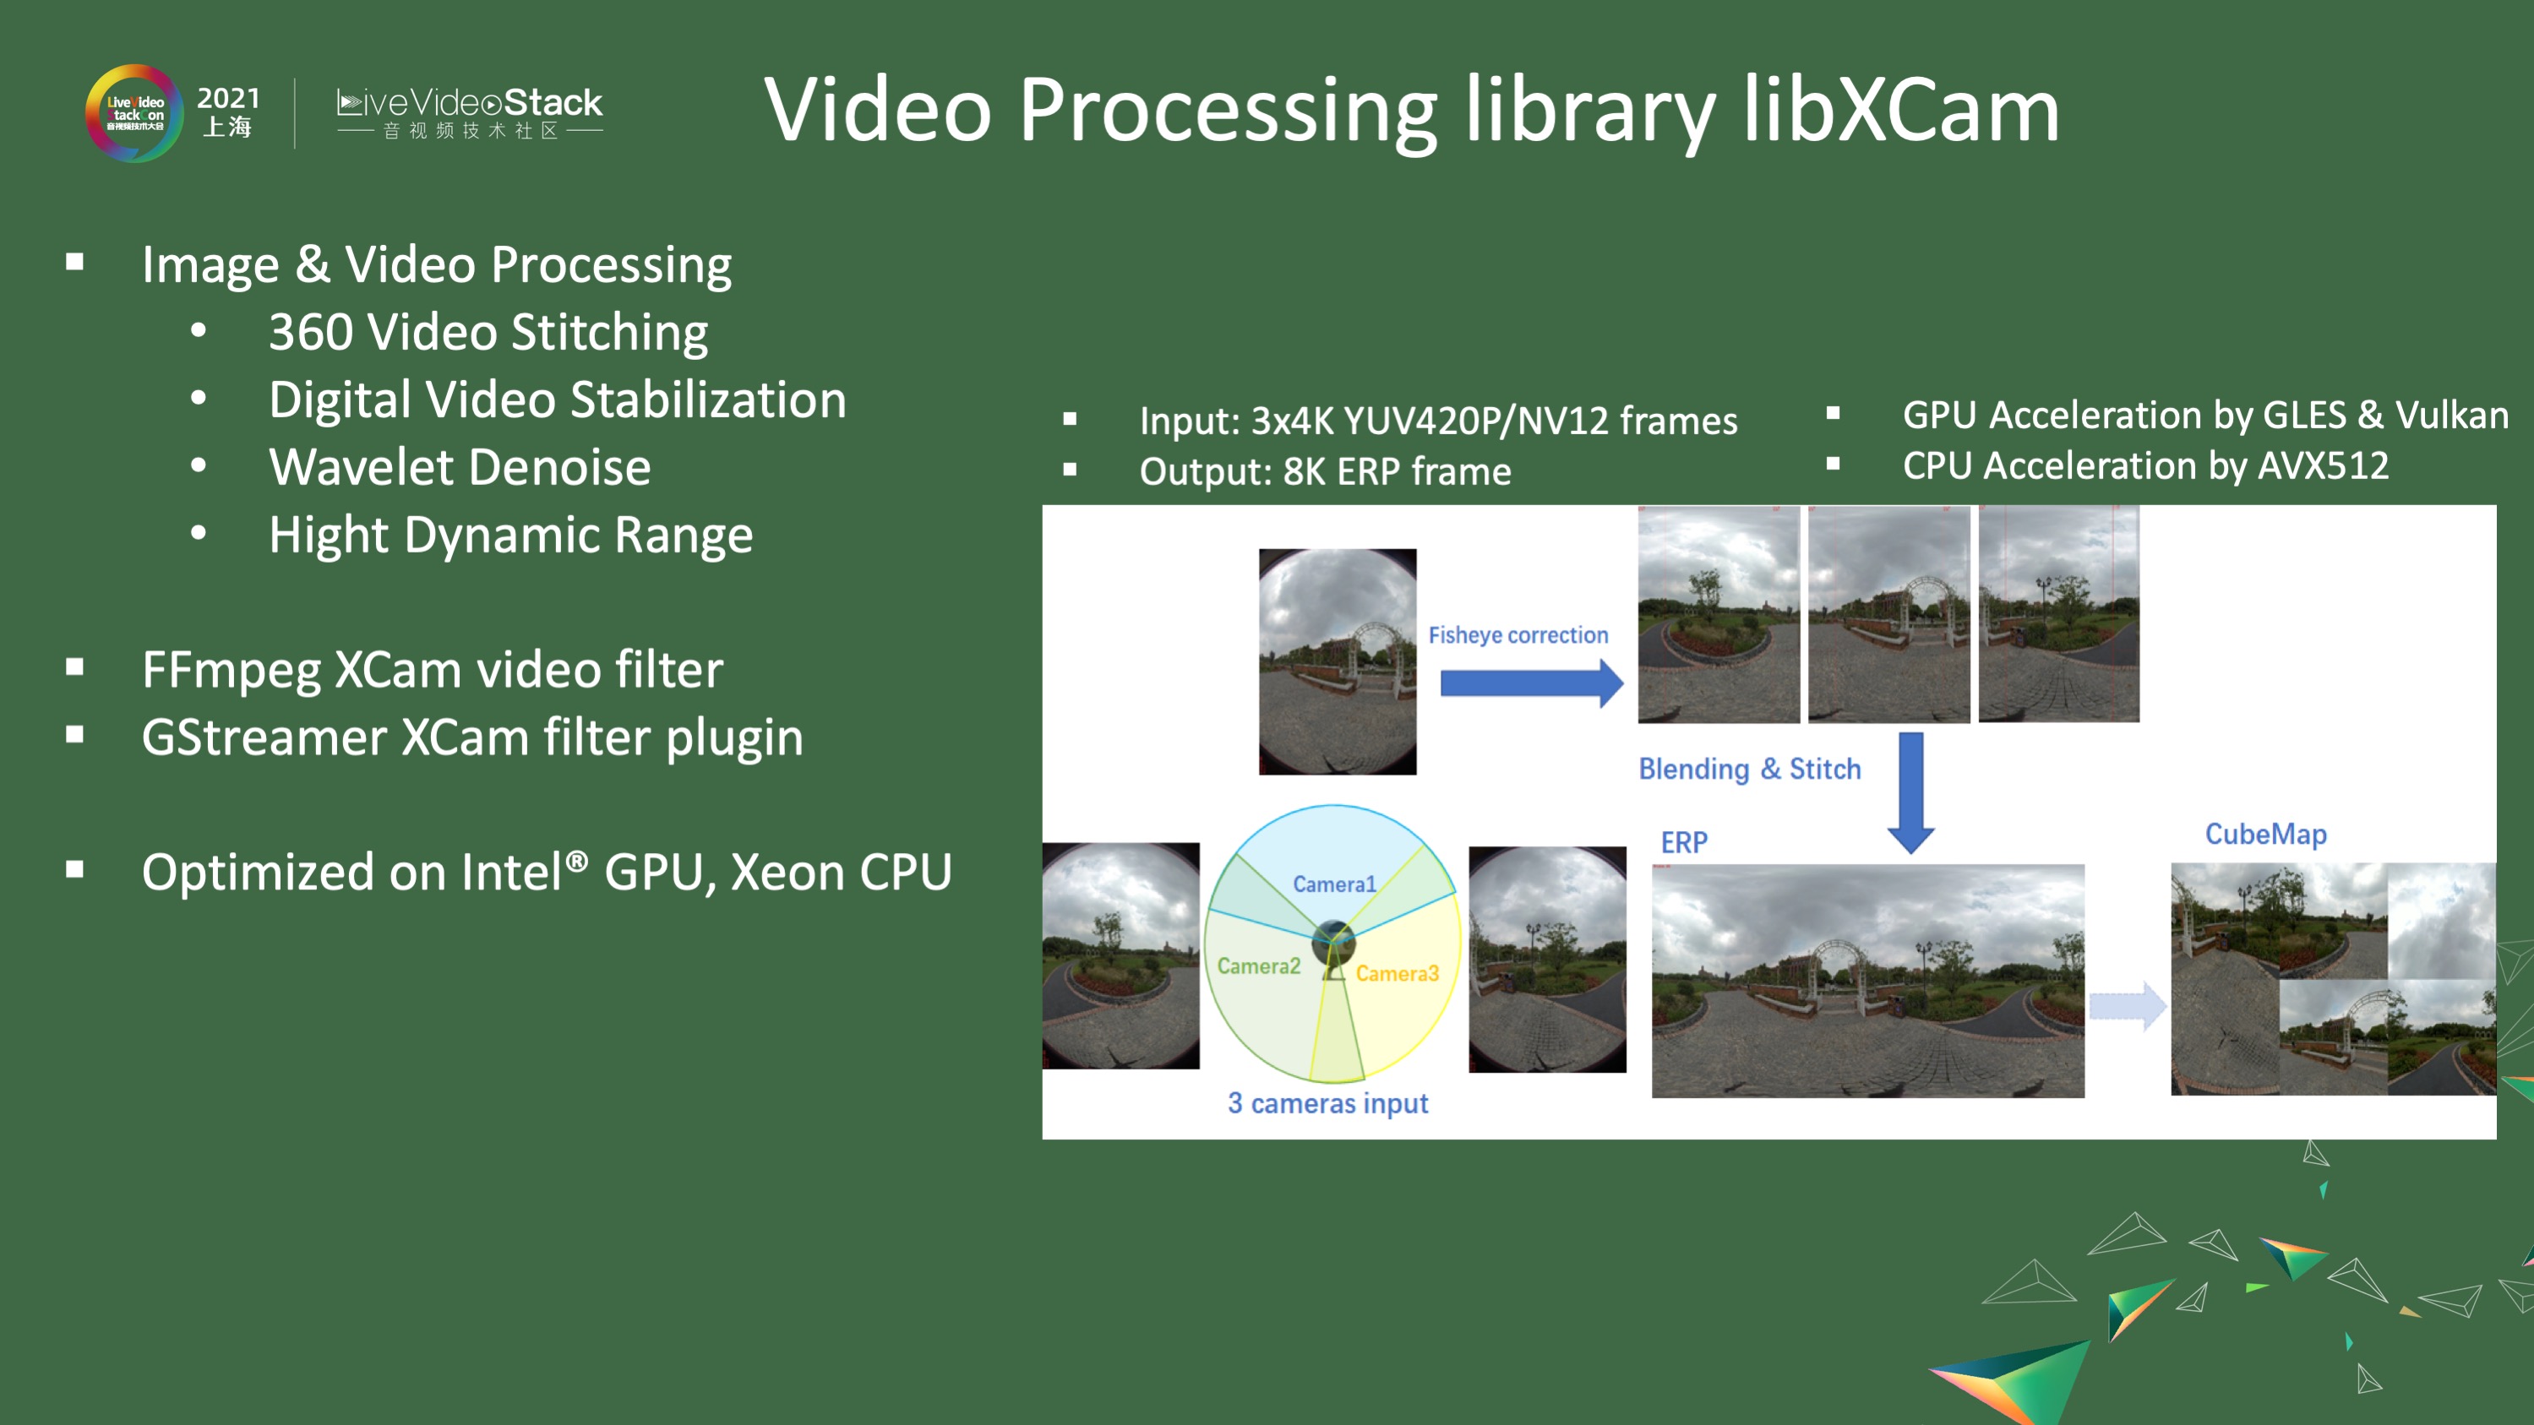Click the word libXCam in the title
[1900, 110]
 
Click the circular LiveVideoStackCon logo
[134, 114]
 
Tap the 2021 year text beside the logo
[228, 98]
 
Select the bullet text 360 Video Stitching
[488, 333]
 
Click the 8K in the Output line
[1304, 472]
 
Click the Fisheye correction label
[1518, 635]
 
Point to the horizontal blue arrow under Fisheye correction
[1529, 683]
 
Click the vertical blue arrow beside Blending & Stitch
[1910, 791]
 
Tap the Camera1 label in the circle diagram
[1334, 884]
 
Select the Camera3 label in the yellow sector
[1397, 974]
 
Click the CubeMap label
[2265, 834]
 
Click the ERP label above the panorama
[1684, 843]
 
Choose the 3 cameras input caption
[1327, 1103]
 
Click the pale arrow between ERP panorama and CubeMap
[2127, 1006]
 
